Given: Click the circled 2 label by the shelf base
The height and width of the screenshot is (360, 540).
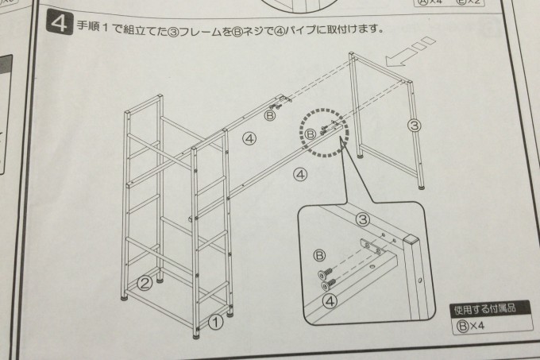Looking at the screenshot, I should click(145, 281).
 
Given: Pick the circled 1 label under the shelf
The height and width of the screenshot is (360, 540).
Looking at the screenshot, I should click(214, 322).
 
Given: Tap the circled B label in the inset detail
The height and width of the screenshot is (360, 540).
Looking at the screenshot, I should click(320, 255).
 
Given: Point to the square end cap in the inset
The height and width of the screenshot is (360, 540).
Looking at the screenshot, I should click(411, 240).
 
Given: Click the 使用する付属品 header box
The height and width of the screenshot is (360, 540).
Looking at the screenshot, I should click(481, 310).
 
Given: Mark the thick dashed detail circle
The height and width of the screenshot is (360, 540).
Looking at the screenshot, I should click(323, 131).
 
